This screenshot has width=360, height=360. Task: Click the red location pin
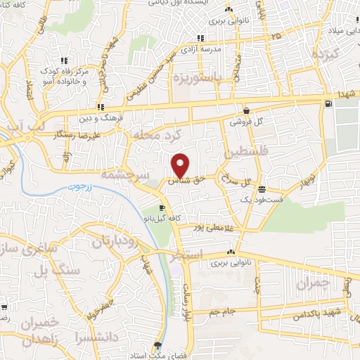click(181, 165)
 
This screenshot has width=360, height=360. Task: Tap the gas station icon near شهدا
click(328, 105)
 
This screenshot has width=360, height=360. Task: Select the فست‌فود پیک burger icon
click(262, 189)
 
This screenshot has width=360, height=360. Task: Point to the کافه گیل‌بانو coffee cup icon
click(162, 208)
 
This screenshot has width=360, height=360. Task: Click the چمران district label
click(312, 284)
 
